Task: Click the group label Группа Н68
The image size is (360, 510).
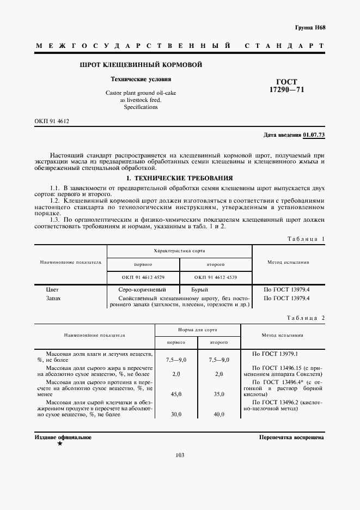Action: (x=309, y=27)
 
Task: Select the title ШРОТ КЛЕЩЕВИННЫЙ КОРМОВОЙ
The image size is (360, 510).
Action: (x=141, y=65)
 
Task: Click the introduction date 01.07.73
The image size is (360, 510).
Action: (x=314, y=135)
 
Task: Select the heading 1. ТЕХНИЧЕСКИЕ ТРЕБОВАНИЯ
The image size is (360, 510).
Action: (x=179, y=178)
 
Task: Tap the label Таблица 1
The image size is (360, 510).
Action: (x=306, y=239)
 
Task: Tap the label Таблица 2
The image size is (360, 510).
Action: (x=306, y=318)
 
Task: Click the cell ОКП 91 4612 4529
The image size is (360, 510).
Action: (x=143, y=277)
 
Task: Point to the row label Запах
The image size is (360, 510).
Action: (x=53, y=299)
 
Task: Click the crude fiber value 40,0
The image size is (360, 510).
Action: (x=219, y=414)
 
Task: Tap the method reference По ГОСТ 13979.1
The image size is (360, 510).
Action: (x=271, y=354)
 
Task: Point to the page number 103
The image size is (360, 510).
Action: (x=180, y=456)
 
